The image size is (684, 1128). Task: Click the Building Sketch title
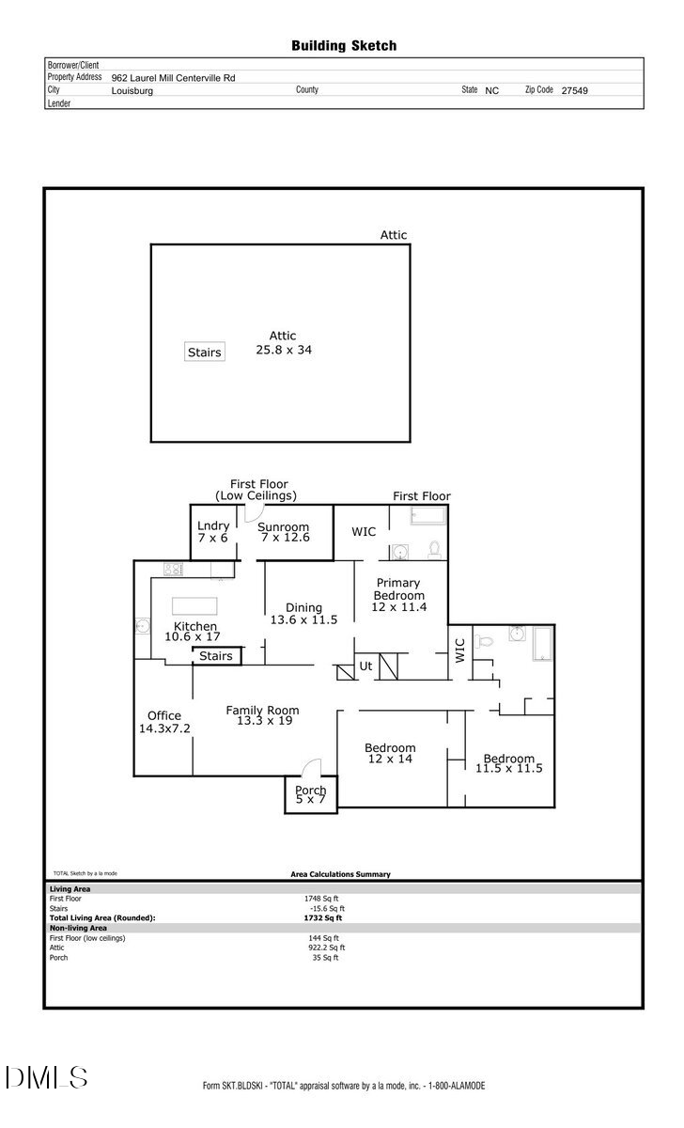click(343, 45)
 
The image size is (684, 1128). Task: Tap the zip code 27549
click(574, 91)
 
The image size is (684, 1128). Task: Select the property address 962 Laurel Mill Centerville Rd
click(173, 78)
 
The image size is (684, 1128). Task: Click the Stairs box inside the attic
click(204, 352)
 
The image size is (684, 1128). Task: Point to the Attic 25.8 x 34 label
click(283, 342)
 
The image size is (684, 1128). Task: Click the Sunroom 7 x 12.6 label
click(283, 533)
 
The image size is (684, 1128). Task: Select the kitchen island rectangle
click(193, 604)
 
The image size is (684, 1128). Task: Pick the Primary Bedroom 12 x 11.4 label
click(399, 595)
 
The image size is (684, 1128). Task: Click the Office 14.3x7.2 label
click(163, 722)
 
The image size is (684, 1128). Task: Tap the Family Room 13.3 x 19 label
click(262, 715)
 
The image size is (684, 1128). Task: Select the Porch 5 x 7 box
click(310, 795)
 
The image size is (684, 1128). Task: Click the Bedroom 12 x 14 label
click(390, 754)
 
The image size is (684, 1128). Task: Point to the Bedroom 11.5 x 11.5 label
click(509, 763)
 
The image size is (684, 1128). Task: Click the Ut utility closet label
click(366, 666)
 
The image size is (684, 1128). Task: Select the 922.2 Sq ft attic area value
click(326, 948)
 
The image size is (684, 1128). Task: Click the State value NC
click(492, 91)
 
